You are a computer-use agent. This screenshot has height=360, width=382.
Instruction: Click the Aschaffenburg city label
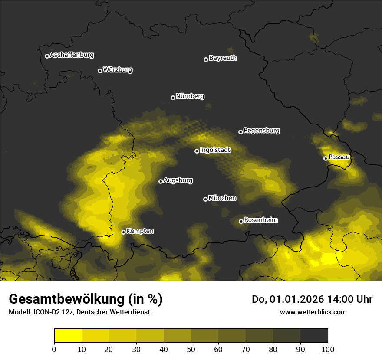click(72, 55)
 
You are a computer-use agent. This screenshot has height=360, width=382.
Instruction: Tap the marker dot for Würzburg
click(100, 71)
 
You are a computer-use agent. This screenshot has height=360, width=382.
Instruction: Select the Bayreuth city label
click(223, 58)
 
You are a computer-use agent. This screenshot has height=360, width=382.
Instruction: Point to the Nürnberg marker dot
click(173, 98)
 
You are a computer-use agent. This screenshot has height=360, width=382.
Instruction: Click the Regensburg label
click(261, 131)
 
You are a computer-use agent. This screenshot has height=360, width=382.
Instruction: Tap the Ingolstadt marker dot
click(197, 151)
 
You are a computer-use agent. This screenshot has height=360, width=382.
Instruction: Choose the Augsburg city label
click(178, 180)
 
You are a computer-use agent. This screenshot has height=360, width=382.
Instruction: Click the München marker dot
click(205, 199)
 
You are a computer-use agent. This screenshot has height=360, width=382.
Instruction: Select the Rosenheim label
click(260, 220)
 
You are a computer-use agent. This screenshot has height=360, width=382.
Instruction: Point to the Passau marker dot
click(326, 158)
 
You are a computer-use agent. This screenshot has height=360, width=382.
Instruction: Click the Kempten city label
click(140, 231)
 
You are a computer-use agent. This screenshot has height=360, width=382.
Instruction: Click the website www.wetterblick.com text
click(313, 312)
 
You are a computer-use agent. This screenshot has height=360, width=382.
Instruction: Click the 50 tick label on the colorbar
click(191, 349)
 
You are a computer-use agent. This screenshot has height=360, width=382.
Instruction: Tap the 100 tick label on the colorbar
click(327, 349)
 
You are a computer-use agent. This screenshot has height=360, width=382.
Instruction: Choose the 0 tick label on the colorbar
click(54, 349)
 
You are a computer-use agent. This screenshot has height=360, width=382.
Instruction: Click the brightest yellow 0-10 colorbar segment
click(68, 336)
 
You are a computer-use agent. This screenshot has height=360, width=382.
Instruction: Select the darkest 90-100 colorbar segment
click(314, 336)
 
